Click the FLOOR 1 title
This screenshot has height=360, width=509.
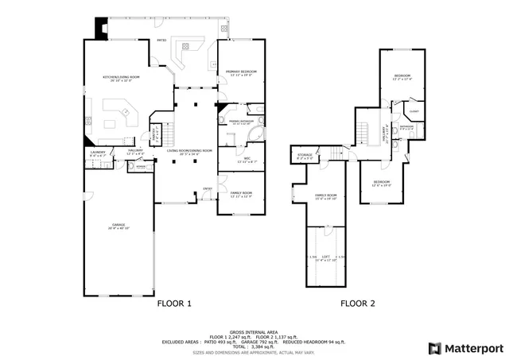pos(173,303)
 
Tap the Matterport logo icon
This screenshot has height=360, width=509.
pos(433,347)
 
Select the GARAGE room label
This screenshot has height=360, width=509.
pos(118,226)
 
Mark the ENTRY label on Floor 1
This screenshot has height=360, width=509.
pos(207,188)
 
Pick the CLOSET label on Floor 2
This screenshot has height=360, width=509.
pos(414,111)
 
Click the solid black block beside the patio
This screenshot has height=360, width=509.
pos(100,29)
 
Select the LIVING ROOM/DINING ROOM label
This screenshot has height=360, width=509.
pos(189,150)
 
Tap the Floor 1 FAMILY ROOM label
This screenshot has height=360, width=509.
pos(241,193)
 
